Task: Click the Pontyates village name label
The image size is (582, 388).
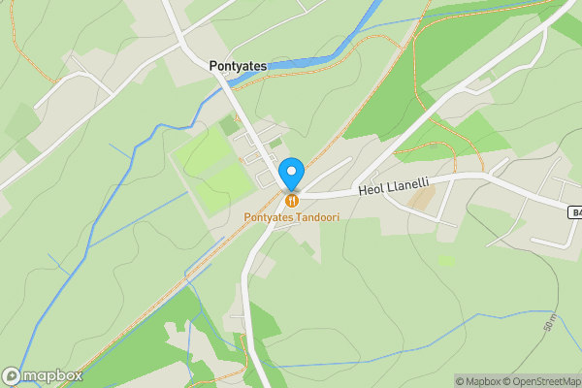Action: click(x=239, y=66)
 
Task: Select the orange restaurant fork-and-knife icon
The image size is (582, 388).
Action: click(x=291, y=199)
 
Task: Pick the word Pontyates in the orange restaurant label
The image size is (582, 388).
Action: click(x=269, y=215)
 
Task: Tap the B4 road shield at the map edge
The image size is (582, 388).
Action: click(x=574, y=210)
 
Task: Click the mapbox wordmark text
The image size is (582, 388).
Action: click(x=52, y=375)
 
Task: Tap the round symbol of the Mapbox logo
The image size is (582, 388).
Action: click(x=12, y=375)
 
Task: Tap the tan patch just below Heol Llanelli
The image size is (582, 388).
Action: click(x=422, y=199)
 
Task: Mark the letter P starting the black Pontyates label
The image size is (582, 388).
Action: click(x=214, y=66)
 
